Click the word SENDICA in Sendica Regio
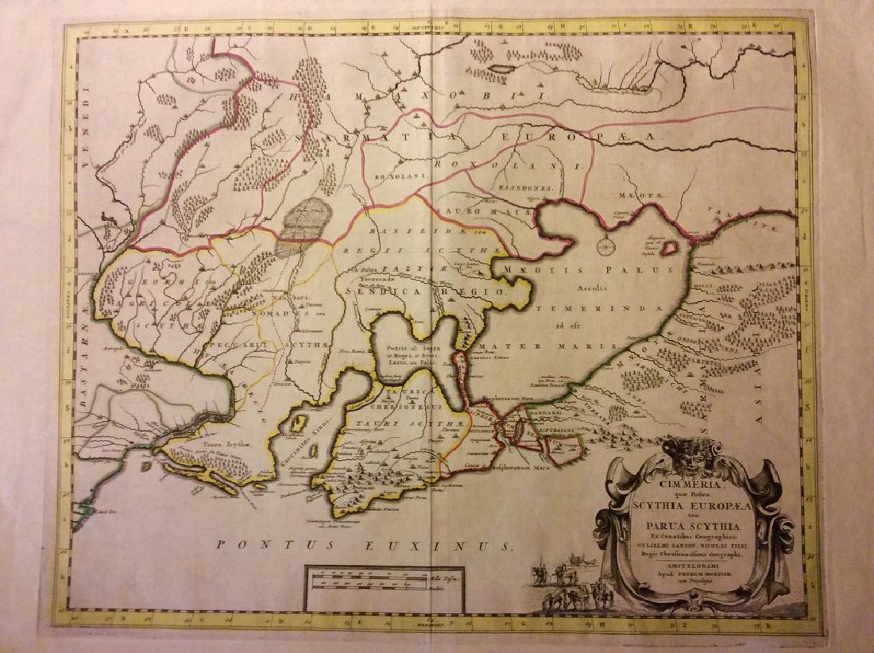[x=392, y=292]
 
